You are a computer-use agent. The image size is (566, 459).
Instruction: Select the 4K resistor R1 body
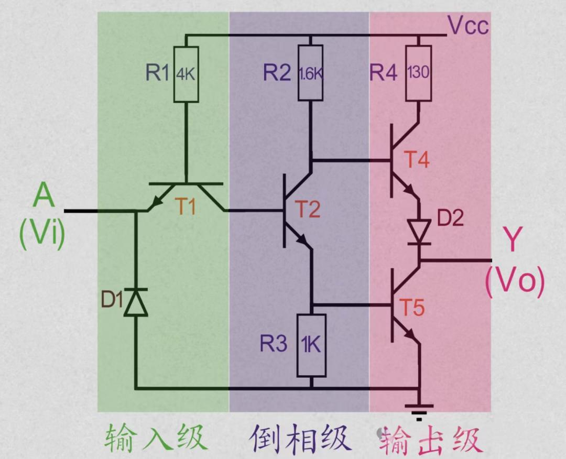[186, 74]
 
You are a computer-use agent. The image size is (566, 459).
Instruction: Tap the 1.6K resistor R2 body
[310, 73]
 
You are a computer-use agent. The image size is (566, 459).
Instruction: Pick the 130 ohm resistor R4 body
[419, 73]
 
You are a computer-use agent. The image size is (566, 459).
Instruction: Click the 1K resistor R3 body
[311, 345]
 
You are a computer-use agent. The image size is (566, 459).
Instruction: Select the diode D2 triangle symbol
[419, 232]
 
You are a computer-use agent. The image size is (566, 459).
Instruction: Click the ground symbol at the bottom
[419, 412]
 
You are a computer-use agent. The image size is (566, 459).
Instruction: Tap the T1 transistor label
[186, 207]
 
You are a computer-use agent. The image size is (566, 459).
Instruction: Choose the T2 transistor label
[308, 209]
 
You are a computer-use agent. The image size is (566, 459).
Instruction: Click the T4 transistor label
[417, 159]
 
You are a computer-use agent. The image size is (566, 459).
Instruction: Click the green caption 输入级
[156, 438]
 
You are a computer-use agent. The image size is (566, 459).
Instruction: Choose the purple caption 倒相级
[300, 438]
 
